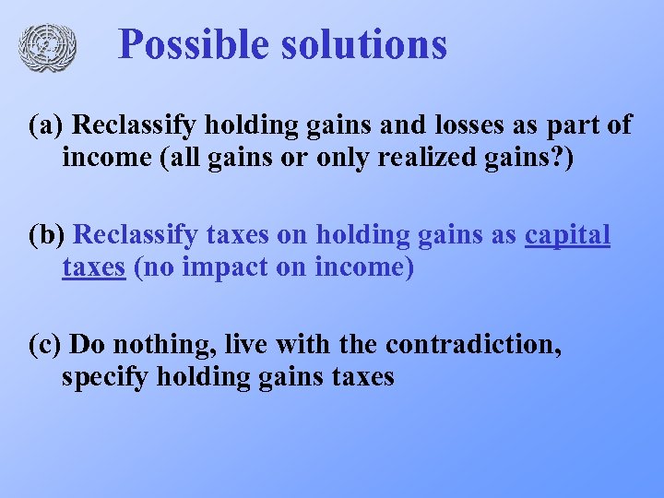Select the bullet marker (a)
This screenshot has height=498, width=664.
45,125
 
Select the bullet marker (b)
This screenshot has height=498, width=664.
46,235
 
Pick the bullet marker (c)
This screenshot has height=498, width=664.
45,345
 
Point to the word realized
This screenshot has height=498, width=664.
420,158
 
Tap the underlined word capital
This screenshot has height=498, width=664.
567,235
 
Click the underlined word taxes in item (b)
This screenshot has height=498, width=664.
93,267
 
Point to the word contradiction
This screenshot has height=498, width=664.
473,345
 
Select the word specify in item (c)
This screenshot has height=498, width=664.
104,377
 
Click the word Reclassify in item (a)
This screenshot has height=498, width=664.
136,125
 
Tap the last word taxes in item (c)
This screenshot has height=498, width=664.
359,377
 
